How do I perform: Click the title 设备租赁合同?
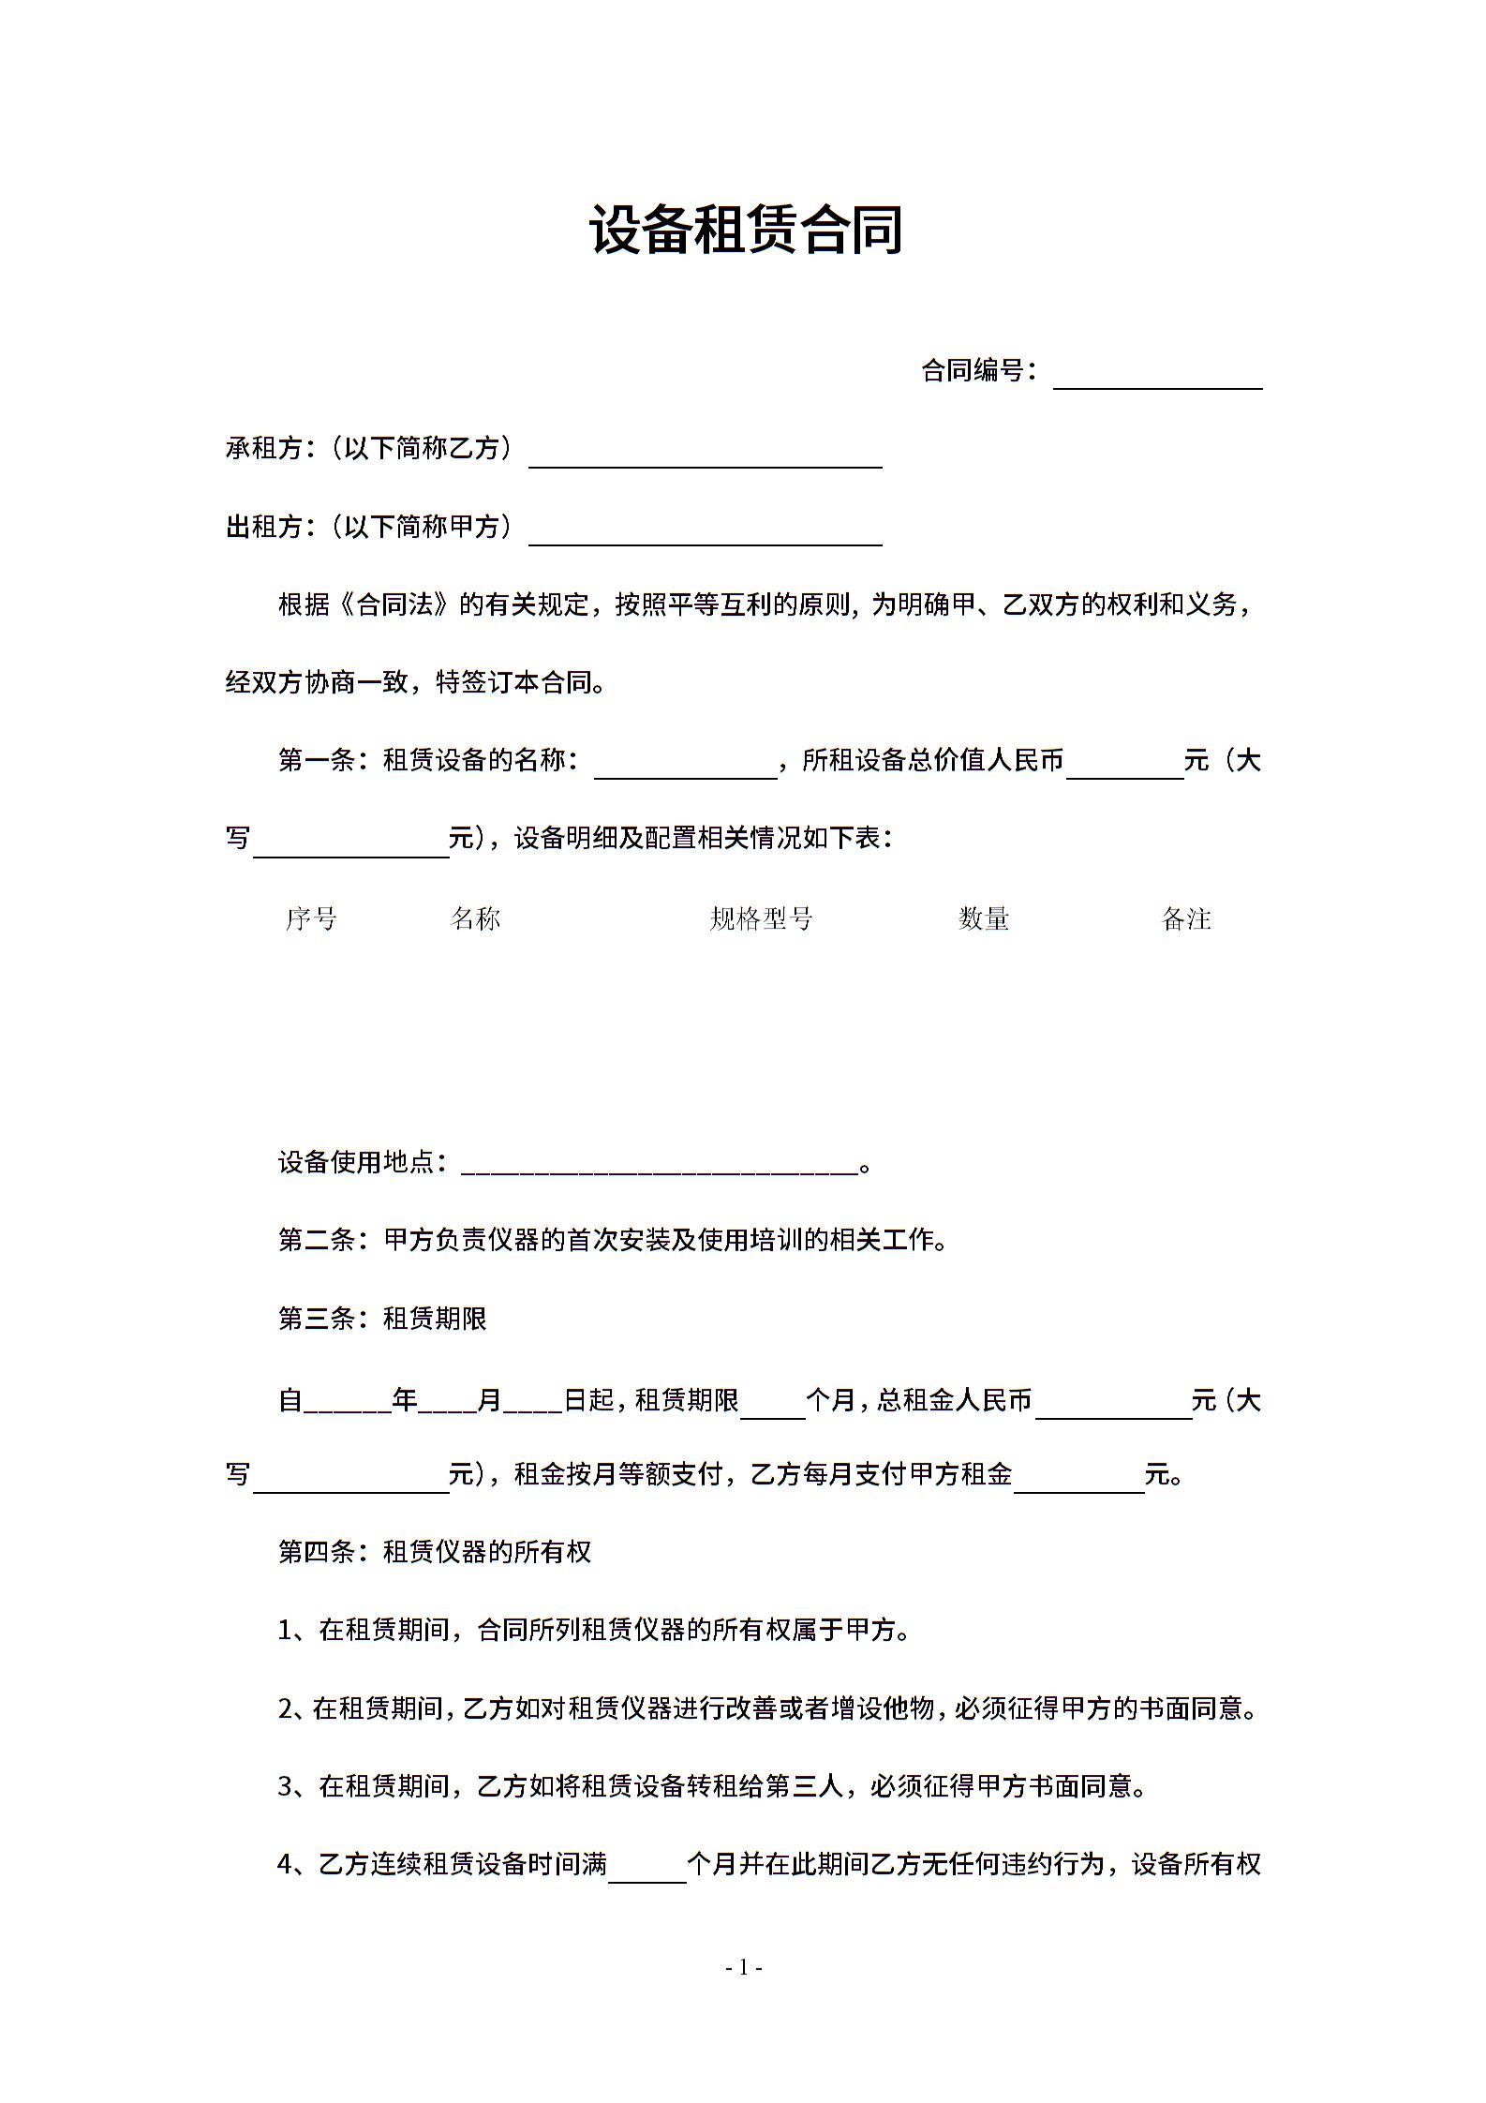746,231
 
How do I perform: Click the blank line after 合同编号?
1157,376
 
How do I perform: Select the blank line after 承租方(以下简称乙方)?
706,455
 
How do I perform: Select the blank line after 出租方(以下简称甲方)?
706,532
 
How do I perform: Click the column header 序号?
311,918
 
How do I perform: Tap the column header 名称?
475,918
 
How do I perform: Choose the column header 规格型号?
761,918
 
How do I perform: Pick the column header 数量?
984,918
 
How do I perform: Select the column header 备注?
1186,918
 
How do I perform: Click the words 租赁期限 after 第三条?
435,1319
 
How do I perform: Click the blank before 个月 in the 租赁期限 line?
772,1407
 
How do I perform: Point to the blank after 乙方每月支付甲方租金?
1078,1480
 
